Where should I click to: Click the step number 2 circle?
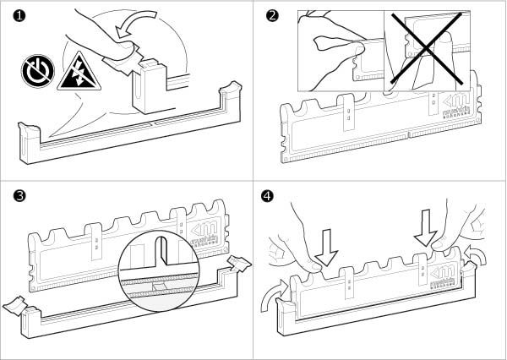coord(270,14)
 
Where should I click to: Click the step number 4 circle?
coord(269,195)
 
